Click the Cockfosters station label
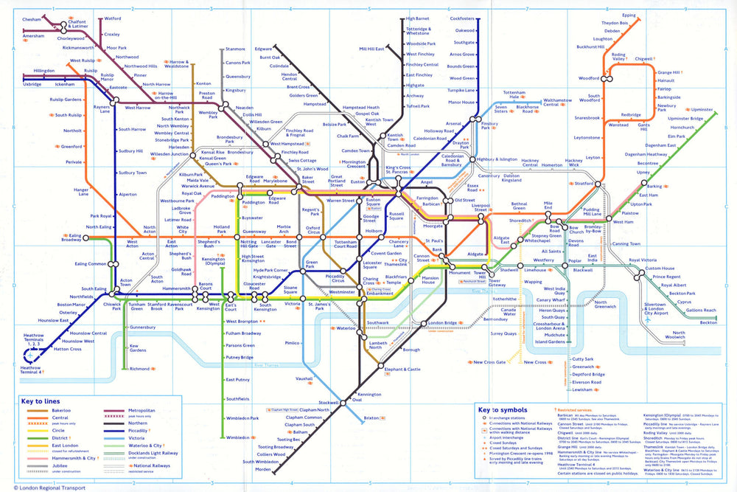(462, 18)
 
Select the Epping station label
(629, 15)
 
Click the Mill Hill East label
(371, 49)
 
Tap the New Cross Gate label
(489, 362)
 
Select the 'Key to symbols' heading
(504, 409)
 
